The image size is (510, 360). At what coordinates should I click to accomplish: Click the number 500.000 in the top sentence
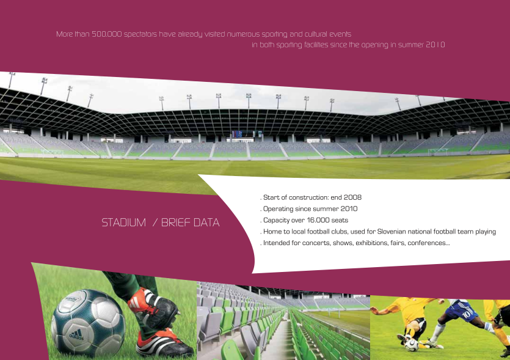[x=106, y=34]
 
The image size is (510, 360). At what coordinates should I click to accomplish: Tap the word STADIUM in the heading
[x=123, y=222]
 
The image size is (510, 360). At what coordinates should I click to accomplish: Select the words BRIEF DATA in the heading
[x=191, y=222]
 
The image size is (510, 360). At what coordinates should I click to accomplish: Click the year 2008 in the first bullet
[x=352, y=197]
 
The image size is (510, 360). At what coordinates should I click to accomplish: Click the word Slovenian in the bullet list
[x=392, y=232]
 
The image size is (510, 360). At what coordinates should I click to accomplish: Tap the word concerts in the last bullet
[x=316, y=243]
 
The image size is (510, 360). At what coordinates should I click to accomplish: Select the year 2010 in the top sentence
[x=435, y=45]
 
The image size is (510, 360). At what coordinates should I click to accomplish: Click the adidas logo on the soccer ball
[x=76, y=334]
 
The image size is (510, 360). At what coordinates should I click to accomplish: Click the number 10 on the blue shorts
[x=467, y=314]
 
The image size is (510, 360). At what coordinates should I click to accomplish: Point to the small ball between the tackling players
[x=412, y=345]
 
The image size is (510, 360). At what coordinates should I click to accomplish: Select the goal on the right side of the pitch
[x=437, y=152]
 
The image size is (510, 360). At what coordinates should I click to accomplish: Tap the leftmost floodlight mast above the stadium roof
[x=11, y=80]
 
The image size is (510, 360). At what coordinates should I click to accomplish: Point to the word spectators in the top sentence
[x=140, y=34]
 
